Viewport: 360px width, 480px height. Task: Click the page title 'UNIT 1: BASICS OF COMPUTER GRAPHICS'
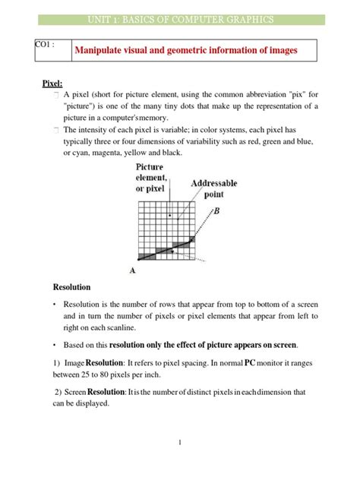point(180,19)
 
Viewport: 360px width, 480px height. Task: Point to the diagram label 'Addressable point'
point(213,189)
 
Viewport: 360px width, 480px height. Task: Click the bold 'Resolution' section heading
point(71,288)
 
